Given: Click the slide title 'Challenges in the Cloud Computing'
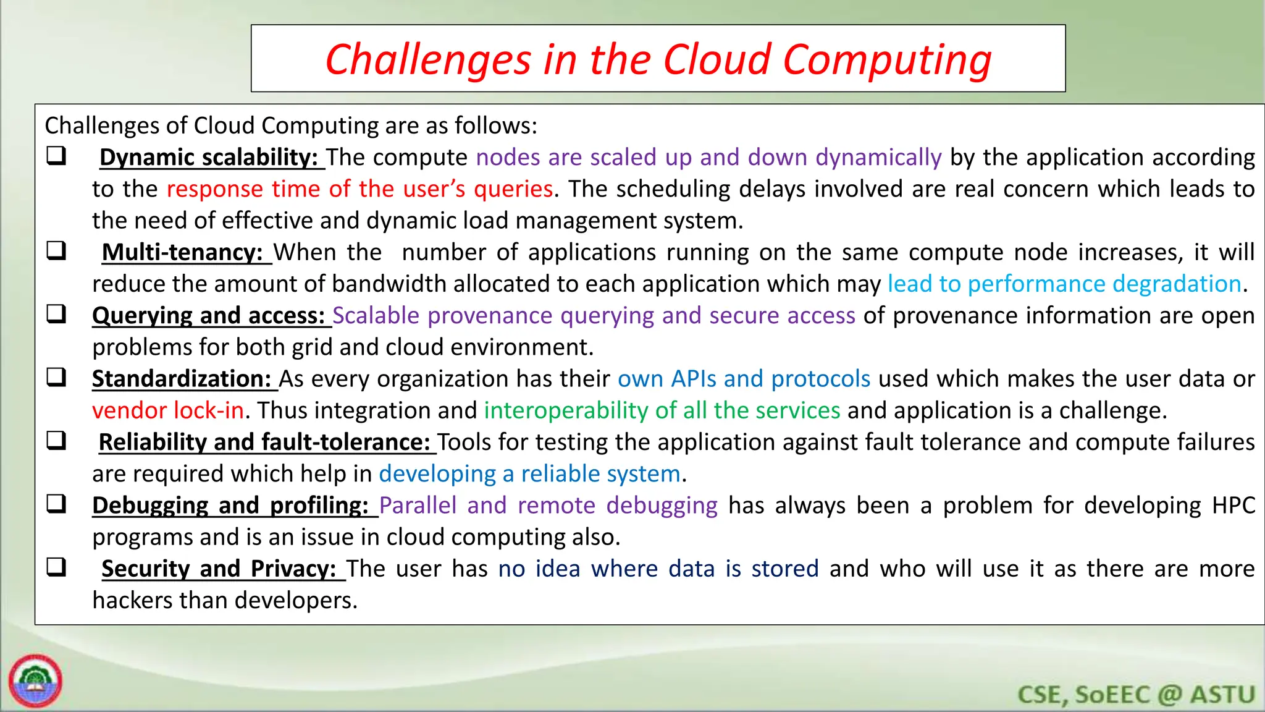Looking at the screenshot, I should [x=658, y=59].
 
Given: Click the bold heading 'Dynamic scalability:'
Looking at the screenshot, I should [x=209, y=158].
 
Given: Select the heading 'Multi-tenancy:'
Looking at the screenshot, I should [x=183, y=253].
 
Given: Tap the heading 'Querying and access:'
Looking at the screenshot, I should [x=209, y=316].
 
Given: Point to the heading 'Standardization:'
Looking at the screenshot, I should [x=182, y=379].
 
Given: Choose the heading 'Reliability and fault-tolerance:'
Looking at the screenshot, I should [x=264, y=443].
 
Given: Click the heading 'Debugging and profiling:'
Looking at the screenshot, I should [x=230, y=506].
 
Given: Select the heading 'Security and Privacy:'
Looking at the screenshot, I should [x=219, y=569].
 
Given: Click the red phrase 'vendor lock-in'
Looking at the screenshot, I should [x=168, y=411].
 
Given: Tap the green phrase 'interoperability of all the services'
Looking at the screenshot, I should [x=662, y=411].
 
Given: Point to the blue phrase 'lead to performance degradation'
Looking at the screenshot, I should [x=1064, y=284].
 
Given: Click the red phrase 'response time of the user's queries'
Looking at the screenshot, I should [x=359, y=189].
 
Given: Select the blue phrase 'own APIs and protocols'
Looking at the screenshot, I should [x=744, y=379].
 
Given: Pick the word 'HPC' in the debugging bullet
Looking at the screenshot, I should [x=1233, y=506].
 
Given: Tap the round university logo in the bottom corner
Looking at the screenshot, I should [x=36, y=681].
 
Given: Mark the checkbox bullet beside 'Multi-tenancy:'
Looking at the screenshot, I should [x=56, y=251].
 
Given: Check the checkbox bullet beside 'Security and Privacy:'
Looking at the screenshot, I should [x=56, y=567].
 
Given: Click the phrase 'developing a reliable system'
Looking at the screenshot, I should [x=529, y=474].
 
